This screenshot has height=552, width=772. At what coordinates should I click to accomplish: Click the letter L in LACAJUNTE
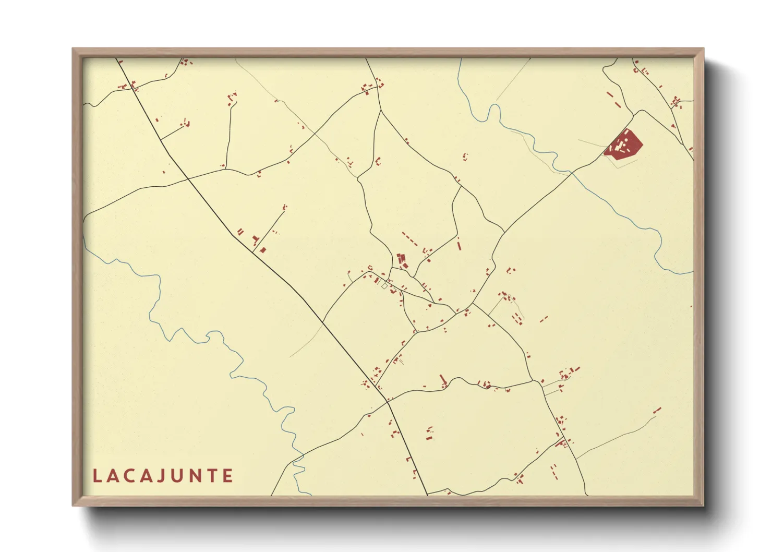click(x=97, y=476)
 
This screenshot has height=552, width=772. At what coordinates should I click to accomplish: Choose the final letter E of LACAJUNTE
click(x=227, y=476)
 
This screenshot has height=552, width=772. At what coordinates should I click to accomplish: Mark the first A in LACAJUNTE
click(x=113, y=476)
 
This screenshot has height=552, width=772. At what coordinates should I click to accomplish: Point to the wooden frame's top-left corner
click(x=74, y=49)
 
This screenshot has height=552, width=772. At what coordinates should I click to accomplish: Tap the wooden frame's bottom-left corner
click(x=74, y=505)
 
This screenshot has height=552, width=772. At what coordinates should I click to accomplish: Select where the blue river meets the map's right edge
click(x=693, y=272)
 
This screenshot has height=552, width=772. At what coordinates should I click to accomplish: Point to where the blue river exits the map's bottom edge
click(x=310, y=495)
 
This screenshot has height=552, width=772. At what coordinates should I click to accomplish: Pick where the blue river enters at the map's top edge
click(x=461, y=58)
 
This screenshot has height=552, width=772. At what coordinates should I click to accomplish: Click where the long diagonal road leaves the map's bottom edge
click(x=427, y=495)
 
